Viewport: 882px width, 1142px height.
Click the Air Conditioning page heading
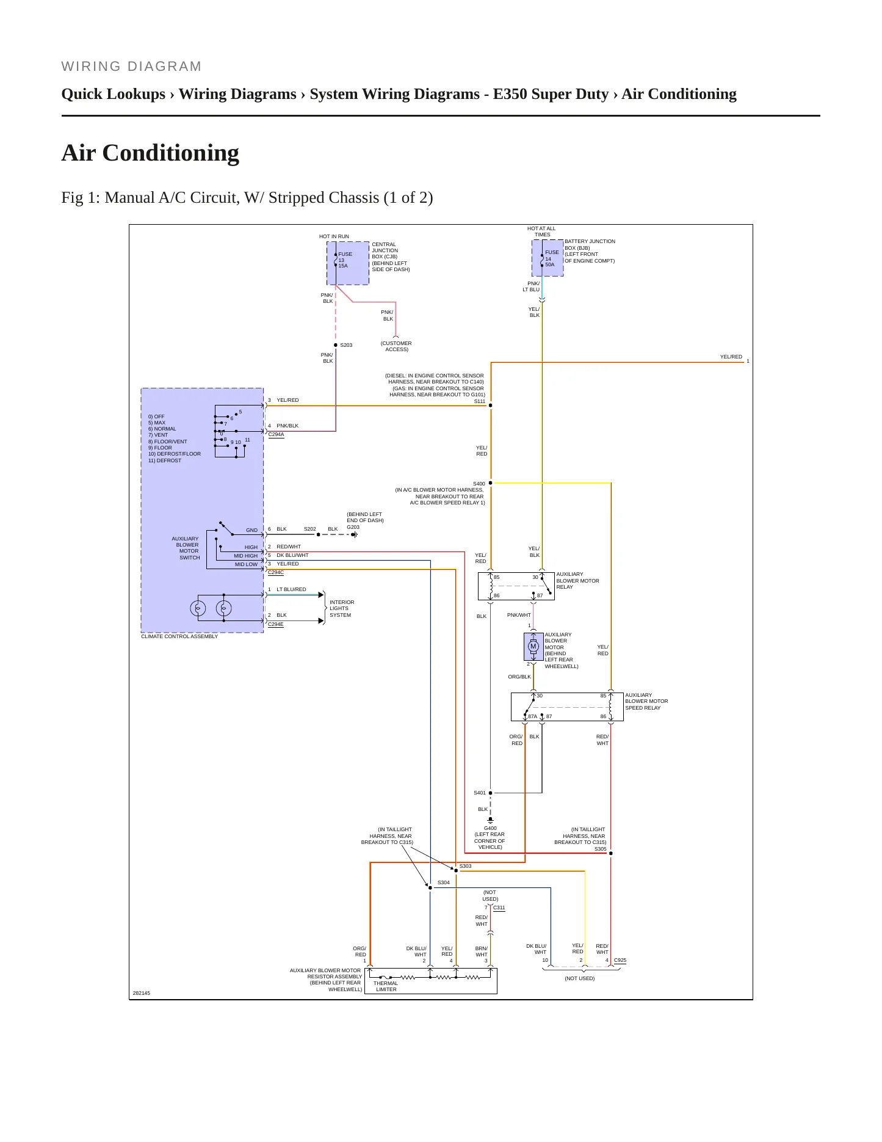click(150, 153)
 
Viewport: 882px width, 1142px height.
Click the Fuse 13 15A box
click(348, 263)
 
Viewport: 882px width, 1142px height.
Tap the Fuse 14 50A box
click(548, 258)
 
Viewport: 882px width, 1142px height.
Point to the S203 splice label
click(346, 345)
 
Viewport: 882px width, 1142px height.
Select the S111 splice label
click(480, 401)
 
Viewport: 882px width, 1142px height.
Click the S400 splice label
click(479, 484)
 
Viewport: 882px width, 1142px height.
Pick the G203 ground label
click(353, 527)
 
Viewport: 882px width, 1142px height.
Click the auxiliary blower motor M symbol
click(533, 647)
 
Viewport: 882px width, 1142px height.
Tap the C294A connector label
click(276, 435)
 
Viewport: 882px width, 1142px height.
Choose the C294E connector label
click(276, 624)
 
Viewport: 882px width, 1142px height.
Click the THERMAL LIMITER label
click(386, 986)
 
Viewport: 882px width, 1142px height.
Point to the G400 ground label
click(490, 829)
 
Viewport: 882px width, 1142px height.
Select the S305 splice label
click(601, 849)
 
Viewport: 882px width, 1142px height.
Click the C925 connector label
click(620, 960)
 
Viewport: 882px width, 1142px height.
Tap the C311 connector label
click(499, 907)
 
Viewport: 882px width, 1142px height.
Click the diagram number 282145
click(142, 993)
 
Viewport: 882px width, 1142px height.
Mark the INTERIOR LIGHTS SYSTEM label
click(342, 608)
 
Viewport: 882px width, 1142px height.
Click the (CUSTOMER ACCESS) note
click(396, 346)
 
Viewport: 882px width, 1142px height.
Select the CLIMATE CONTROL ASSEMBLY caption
click(179, 636)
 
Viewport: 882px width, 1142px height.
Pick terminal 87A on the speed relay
click(532, 716)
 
